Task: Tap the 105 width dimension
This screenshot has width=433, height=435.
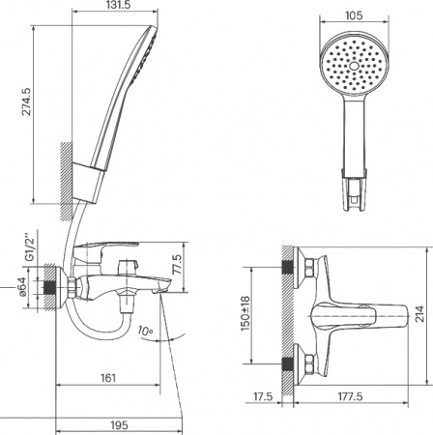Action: pyautogui.click(x=353, y=8)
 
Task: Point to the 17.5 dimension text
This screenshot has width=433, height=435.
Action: pyautogui.click(x=262, y=396)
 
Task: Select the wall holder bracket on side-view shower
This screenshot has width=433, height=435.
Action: pyautogui.click(x=93, y=176)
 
